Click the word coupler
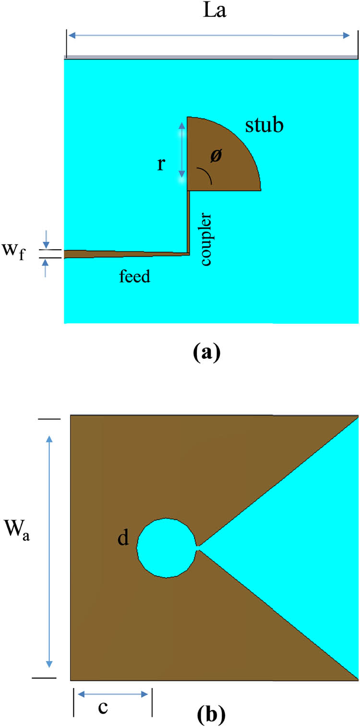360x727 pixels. click(206, 240)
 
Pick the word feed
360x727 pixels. click(135, 277)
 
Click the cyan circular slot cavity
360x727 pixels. click(167, 547)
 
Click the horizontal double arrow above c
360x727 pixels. click(112, 694)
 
